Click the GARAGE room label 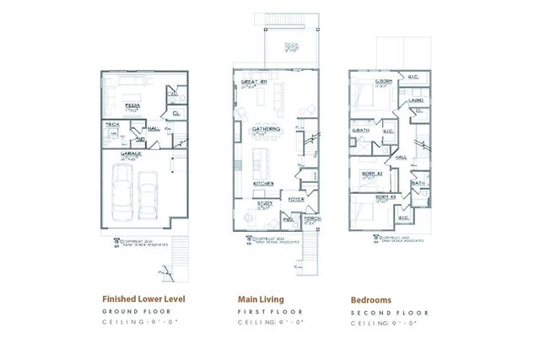pos(130,154)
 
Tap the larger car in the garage pos(122,190)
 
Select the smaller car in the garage pos(149,193)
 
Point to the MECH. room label pos(111,125)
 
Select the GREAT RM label pos(254,82)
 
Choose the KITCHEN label pos(262,183)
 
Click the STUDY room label pos(264,201)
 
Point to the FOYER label pos(296,199)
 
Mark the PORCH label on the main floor pos(312,217)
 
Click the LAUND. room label pos(416,99)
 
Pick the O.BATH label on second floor pos(360,131)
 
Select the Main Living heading pos(261,298)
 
